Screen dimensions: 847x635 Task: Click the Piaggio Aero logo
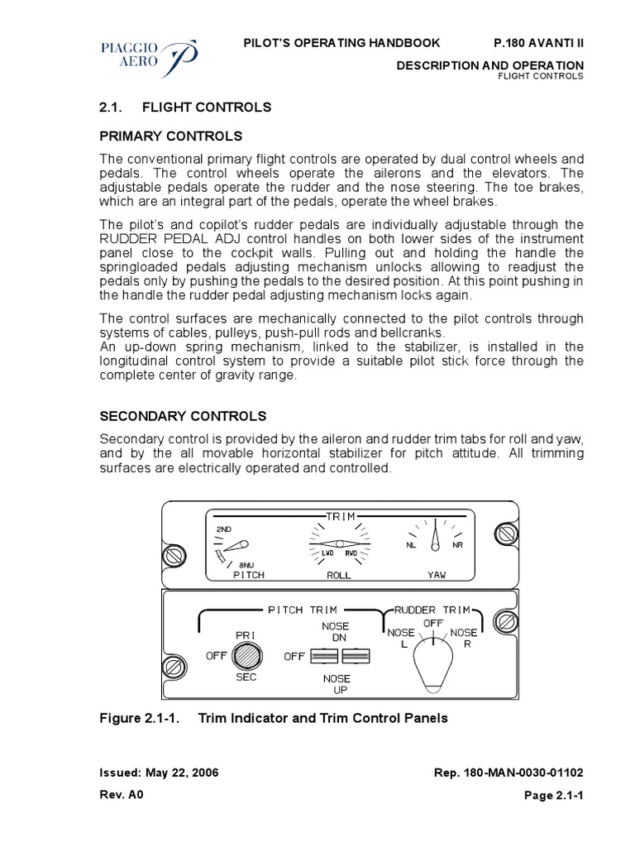(x=146, y=55)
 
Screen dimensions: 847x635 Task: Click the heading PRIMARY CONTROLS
(x=171, y=136)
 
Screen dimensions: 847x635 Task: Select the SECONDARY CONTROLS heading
(x=183, y=415)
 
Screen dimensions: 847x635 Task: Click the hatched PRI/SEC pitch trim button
(x=246, y=656)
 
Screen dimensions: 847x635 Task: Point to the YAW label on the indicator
(x=435, y=573)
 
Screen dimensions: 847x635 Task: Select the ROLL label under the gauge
(x=339, y=573)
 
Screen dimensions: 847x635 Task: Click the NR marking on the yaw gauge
(x=457, y=545)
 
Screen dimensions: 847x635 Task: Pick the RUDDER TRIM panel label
(x=432, y=610)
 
